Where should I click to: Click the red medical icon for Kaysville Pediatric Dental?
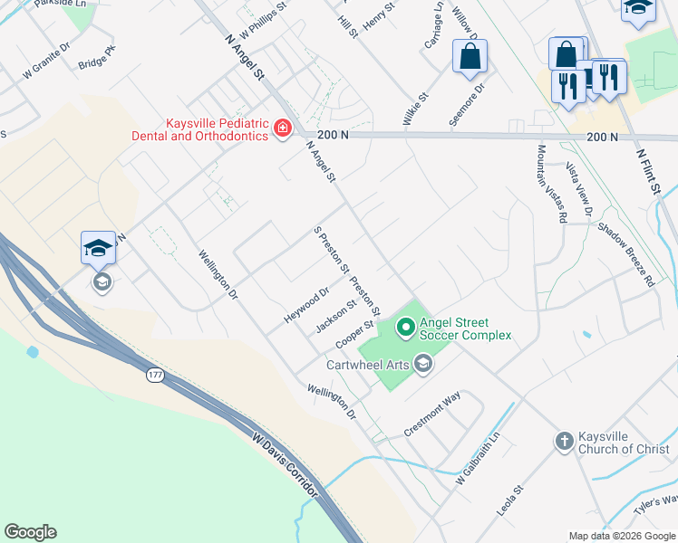click(x=283, y=129)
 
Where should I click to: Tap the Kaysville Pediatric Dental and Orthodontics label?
click(x=218, y=129)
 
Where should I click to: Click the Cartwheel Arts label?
click(x=370, y=365)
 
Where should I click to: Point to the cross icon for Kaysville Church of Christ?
click(x=564, y=442)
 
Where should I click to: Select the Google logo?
click(x=30, y=532)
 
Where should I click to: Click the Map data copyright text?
click(x=621, y=536)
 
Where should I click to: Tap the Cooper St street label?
click(x=354, y=334)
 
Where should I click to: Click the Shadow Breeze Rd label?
click(x=625, y=255)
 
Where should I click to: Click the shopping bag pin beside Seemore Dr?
click(x=470, y=57)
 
